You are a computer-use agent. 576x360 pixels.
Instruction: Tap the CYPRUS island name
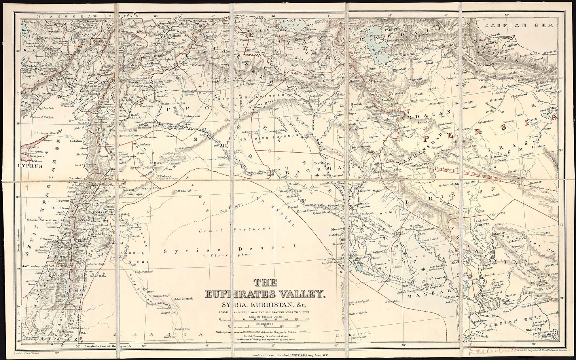[x=30, y=166]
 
